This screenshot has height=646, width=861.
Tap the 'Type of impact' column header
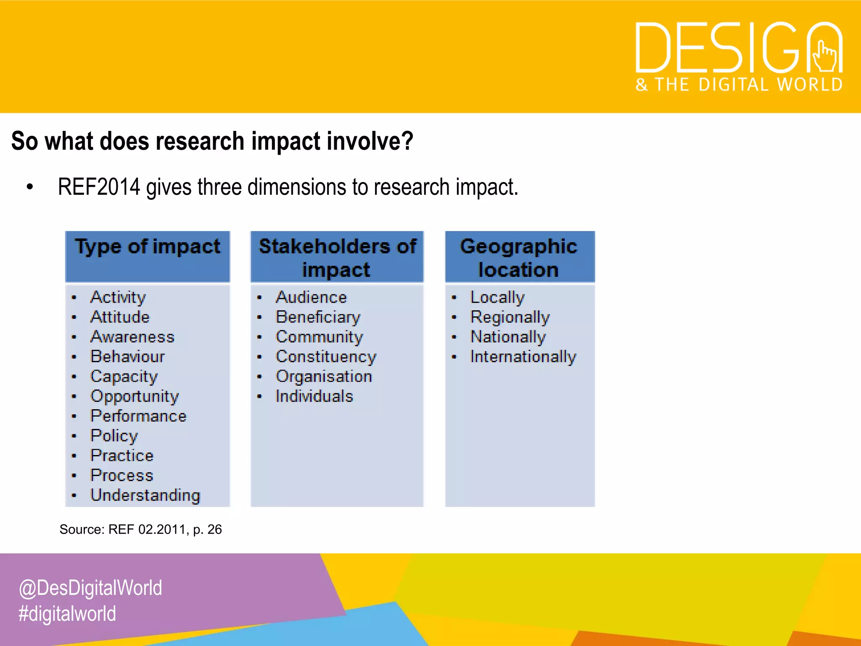pos(148,247)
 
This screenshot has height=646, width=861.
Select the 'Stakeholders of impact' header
pos(337,257)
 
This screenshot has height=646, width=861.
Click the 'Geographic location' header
pos(519,257)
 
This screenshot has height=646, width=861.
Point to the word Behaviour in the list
pos(127,357)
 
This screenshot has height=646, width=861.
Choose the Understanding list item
pos(145,495)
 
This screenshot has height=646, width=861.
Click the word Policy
pos(114,436)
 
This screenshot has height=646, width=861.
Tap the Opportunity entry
pos(135,396)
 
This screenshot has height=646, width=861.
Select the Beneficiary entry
pos(318,317)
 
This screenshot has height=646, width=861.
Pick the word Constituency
pos(326,357)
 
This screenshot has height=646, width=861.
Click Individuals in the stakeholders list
pos(314,396)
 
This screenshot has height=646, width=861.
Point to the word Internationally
pos(523,357)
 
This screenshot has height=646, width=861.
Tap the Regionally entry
pos(510,317)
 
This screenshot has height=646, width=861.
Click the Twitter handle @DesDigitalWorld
pos(90,588)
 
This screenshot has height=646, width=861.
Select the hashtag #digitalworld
pos(67,614)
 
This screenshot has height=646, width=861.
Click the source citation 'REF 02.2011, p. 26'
pos(165,530)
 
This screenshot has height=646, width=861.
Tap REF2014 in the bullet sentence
pos(98,187)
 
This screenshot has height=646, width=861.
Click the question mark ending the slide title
pos(407,141)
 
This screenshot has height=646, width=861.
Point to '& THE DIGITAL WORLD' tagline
pos(739,85)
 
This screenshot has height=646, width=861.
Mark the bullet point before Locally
pos(454,298)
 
